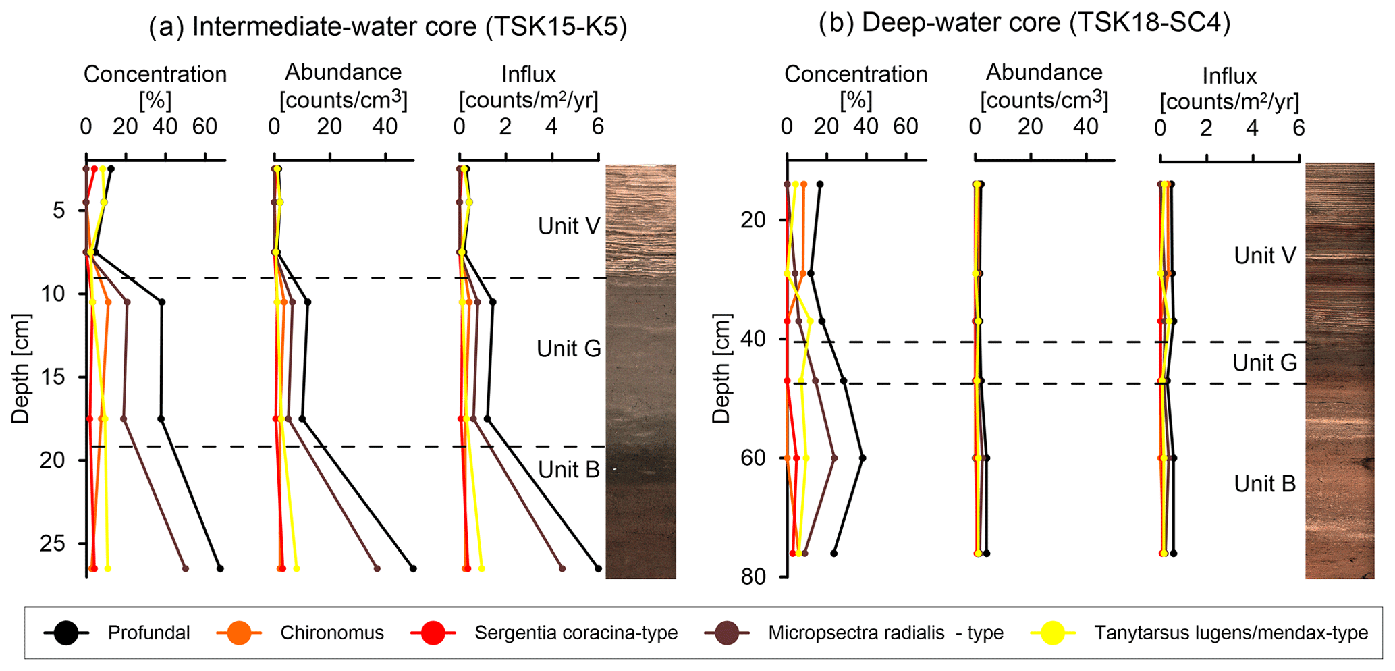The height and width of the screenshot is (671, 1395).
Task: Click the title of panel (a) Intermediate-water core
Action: click(387, 27)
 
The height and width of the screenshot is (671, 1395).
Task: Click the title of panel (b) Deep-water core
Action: click(1024, 23)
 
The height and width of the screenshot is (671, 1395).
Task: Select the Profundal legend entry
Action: click(148, 633)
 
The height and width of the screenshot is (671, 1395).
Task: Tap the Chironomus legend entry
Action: click(331, 633)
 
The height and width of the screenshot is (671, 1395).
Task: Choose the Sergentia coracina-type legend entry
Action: click(576, 633)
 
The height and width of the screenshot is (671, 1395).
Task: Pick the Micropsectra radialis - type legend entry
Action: click(885, 633)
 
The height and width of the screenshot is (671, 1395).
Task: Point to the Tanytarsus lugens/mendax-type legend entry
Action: click(1231, 633)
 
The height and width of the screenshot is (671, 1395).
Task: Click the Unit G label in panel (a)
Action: click(568, 349)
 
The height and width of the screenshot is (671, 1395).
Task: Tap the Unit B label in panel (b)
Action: click(1265, 484)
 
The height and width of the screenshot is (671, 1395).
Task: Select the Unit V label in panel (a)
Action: click(568, 225)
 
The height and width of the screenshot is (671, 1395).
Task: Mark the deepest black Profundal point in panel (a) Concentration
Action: click(220, 568)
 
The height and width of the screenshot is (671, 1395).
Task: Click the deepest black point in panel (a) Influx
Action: click(598, 568)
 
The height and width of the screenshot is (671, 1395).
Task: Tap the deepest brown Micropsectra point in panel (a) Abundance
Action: click(377, 568)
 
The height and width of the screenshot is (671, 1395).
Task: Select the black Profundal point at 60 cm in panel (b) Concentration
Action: click(863, 458)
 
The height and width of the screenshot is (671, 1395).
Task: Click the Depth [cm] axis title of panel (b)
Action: click(721, 369)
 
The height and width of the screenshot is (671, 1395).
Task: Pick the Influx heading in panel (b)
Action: click(1229, 76)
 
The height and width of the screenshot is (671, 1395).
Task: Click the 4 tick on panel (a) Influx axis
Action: click(552, 127)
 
